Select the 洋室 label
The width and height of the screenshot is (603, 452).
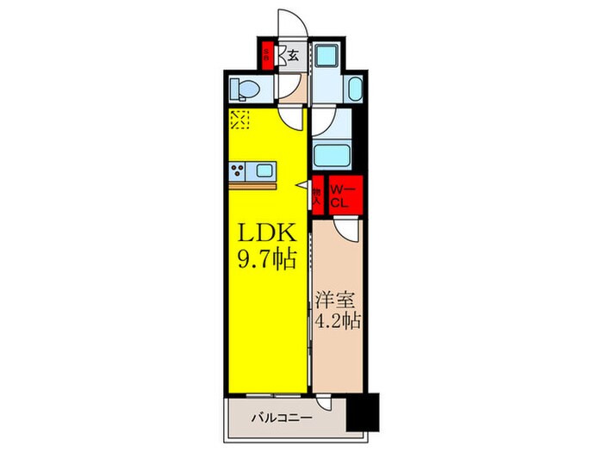pyautogui.click(x=337, y=302)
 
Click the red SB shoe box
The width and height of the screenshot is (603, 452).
pyautogui.click(x=269, y=56)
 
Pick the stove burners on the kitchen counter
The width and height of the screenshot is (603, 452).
pyautogui.click(x=238, y=170)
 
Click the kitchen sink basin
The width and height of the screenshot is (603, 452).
pyautogui.click(x=264, y=170)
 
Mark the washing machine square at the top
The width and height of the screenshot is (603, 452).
pyautogui.click(x=328, y=56)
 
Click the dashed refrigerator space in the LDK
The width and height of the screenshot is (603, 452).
pyautogui.click(x=239, y=120)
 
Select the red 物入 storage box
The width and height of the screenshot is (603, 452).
pyautogui.click(x=317, y=197)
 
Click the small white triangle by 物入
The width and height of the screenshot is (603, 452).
pyautogui.click(x=303, y=185)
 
